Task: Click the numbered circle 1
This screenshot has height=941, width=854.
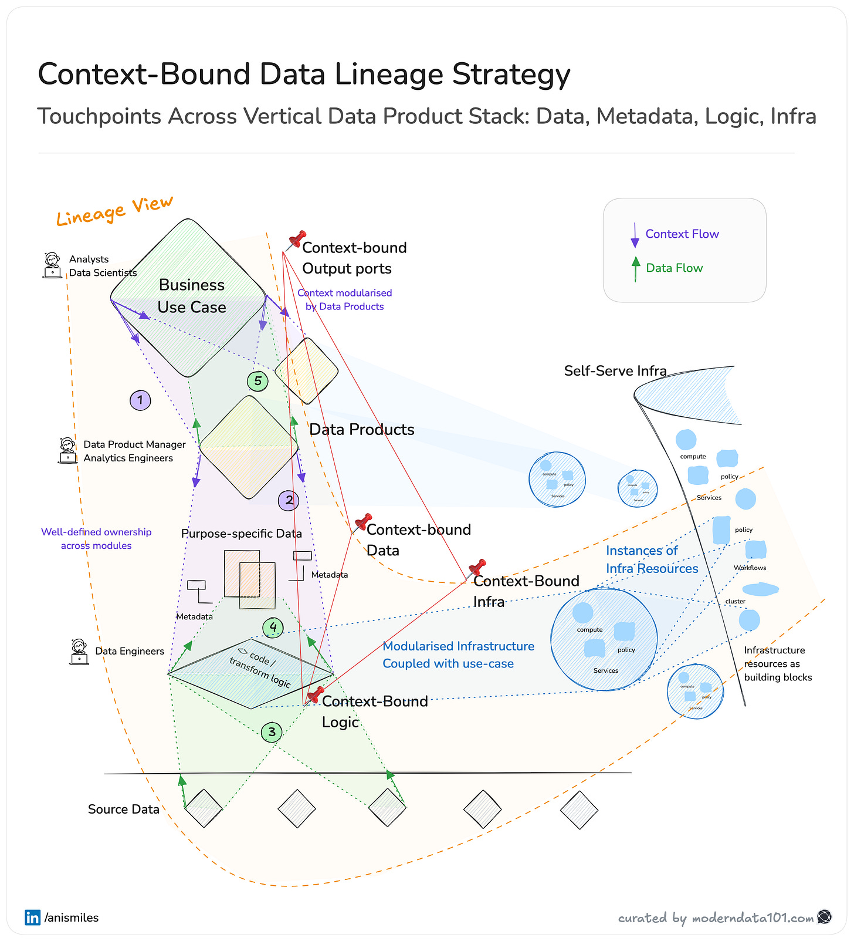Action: tap(140, 400)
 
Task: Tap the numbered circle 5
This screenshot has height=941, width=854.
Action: tap(257, 381)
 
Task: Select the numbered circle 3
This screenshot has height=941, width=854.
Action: tap(272, 732)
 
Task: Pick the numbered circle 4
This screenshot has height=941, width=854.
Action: tap(273, 628)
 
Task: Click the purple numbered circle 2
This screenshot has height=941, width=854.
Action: tap(289, 501)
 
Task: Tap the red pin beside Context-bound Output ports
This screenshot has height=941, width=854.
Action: tap(297, 240)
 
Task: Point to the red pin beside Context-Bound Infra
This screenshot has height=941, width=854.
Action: tap(477, 568)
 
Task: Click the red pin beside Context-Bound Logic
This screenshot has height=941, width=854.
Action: tap(316, 694)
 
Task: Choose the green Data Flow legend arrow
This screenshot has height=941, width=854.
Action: tap(636, 269)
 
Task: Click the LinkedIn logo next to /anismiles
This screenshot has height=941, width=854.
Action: tap(32, 917)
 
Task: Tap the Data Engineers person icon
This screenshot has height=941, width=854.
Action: tap(79, 652)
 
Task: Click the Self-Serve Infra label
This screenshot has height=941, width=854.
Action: tap(615, 371)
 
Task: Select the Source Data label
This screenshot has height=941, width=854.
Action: tap(124, 810)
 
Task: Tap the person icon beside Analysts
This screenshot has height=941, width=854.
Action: tap(52, 265)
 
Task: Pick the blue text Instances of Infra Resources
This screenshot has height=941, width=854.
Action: tap(652, 559)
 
